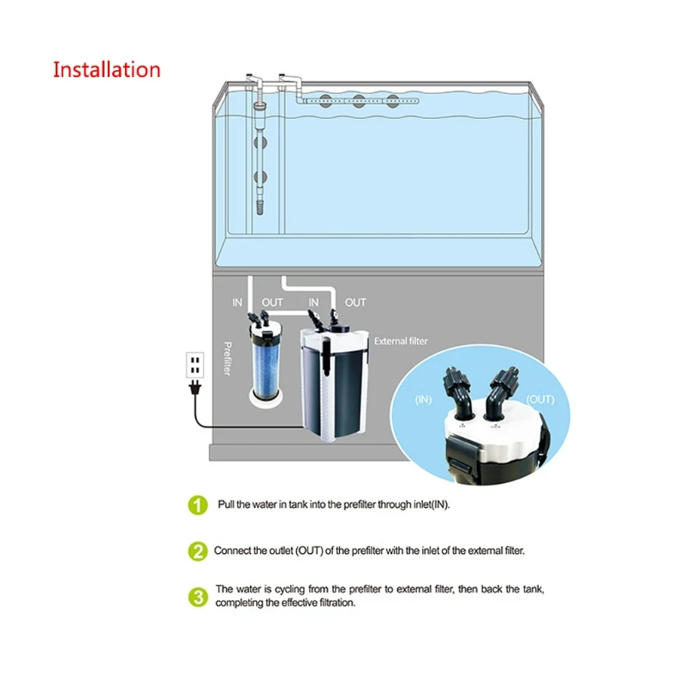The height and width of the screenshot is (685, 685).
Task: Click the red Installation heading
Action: point(106,70)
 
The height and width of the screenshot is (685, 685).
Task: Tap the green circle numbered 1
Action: point(198,505)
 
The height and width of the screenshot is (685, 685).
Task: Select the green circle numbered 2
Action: point(198,551)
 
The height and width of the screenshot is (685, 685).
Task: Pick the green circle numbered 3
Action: point(198,597)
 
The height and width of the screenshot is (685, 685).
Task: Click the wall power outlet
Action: point(195,365)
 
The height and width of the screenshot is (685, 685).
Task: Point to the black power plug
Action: point(195,388)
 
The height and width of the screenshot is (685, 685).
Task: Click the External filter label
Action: point(401,341)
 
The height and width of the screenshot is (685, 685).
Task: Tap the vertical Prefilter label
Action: point(227,359)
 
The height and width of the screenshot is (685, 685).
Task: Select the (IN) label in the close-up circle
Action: point(423,400)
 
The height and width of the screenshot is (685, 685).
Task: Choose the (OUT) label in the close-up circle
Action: point(540,400)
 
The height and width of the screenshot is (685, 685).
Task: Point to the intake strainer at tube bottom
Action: point(259,207)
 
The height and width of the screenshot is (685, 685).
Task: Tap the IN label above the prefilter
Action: point(237,302)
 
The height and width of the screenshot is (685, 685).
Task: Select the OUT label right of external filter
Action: point(355,302)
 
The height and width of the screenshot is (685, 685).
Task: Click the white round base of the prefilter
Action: point(266,398)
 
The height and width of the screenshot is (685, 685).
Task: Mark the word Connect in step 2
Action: point(231,551)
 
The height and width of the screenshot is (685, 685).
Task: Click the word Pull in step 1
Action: point(226,504)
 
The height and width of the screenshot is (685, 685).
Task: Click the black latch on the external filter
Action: point(326,354)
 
